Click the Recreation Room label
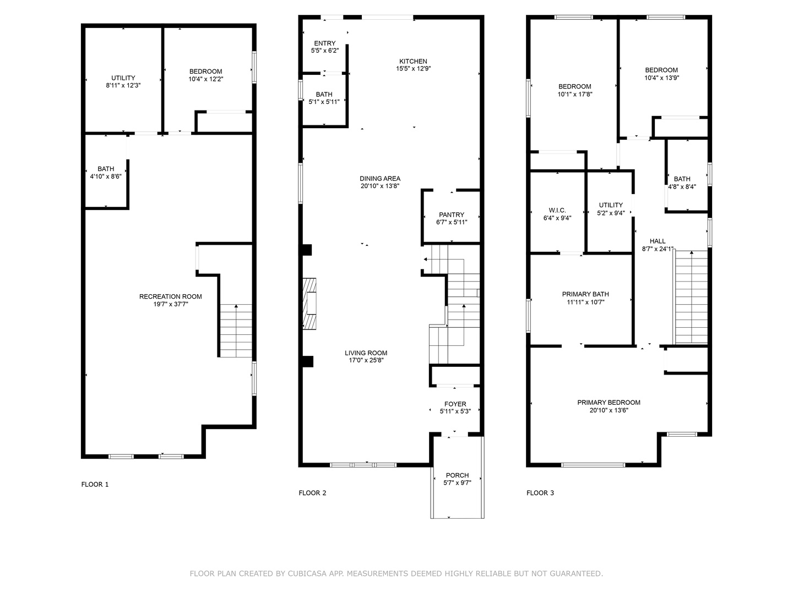(171, 296)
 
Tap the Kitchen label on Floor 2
(413, 61)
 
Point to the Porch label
(457, 475)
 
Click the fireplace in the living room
(309, 304)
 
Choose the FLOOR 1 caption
(95, 485)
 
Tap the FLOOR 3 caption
(540, 493)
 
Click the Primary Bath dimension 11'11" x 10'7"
(585, 302)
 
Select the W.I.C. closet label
(557, 210)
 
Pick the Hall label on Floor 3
(658, 241)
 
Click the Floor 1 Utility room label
(123, 78)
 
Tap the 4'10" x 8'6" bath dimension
(106, 177)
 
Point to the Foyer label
(455, 404)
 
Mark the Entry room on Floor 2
(324, 46)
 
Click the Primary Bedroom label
(609, 403)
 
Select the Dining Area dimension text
(379, 186)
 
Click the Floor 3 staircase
(691, 297)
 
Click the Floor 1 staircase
(236, 331)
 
